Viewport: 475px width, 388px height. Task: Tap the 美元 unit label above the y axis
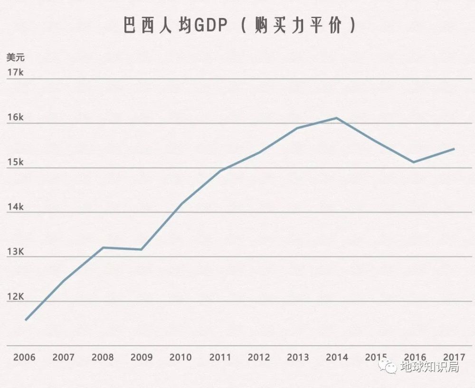click(x=15, y=57)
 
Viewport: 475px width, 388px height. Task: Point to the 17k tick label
click(x=15, y=73)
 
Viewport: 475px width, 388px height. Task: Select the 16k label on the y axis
click(x=15, y=118)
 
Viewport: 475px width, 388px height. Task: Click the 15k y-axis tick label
click(x=15, y=162)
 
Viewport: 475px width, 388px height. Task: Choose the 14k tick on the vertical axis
click(x=15, y=207)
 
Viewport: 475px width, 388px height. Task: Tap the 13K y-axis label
click(x=15, y=252)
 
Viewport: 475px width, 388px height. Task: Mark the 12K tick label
click(x=15, y=296)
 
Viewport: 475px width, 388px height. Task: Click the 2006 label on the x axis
click(x=24, y=357)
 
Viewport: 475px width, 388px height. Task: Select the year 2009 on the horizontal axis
click(x=142, y=357)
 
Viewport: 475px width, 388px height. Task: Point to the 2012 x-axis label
click(x=259, y=357)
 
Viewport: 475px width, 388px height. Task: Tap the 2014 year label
click(x=337, y=357)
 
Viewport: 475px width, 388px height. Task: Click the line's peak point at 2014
click(x=337, y=118)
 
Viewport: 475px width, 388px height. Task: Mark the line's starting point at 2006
click(x=26, y=320)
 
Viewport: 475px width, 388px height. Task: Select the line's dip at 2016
click(x=414, y=162)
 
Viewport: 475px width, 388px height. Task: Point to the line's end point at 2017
click(x=454, y=149)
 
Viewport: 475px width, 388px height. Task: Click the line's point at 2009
click(x=142, y=249)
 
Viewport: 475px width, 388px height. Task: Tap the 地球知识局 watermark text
click(x=429, y=367)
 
